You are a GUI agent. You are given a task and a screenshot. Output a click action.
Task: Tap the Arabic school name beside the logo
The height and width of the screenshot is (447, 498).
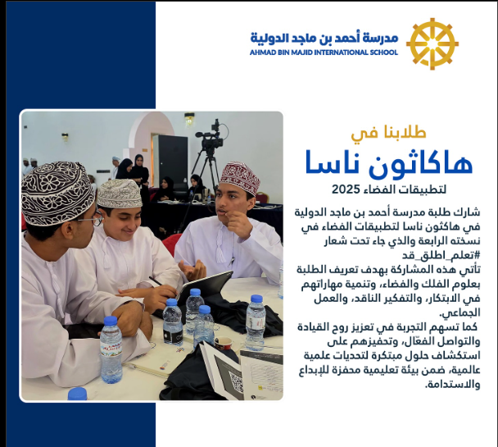coord(324,38)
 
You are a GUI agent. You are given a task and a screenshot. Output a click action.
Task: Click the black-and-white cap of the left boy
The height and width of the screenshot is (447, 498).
coord(57,193)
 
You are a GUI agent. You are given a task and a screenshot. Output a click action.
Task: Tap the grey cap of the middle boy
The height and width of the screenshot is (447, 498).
coord(119,194)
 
